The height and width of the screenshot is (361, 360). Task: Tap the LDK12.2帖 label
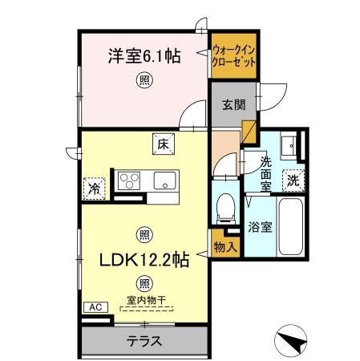(144, 261)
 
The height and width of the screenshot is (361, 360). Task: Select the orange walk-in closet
(234, 55)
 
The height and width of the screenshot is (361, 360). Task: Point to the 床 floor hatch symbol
(161, 144)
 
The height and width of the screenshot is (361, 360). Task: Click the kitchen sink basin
(165, 180)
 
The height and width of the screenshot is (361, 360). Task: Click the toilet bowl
(225, 205)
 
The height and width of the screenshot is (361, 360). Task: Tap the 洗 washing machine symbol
(294, 180)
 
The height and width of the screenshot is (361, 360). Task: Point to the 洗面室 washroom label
(266, 172)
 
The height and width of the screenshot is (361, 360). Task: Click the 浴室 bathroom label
(261, 227)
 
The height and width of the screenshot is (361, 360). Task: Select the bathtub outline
(289, 226)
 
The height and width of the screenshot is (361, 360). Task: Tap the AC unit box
(93, 306)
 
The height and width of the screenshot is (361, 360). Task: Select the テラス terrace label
(144, 341)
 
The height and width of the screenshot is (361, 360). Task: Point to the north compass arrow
(293, 343)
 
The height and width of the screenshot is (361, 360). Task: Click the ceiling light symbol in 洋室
(144, 79)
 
